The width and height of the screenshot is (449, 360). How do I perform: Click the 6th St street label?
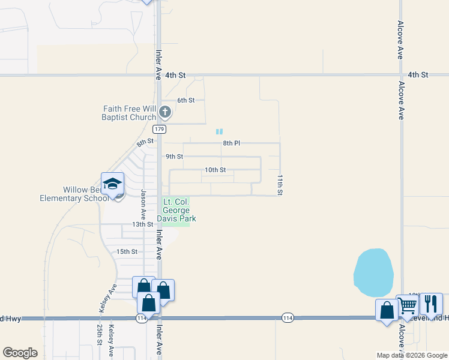point(185,100)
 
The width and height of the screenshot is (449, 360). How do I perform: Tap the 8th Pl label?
point(231,143)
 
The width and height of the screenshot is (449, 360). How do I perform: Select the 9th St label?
point(174,157)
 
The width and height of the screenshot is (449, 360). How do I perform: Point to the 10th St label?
point(215,170)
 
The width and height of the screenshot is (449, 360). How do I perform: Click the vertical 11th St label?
point(280,185)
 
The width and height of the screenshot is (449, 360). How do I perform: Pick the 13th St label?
point(143,224)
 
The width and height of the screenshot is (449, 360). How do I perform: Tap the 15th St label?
point(127,252)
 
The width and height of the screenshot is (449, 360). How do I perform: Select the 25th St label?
point(99,334)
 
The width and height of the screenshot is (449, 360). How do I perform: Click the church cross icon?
point(166,112)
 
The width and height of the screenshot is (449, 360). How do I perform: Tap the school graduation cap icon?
point(112,184)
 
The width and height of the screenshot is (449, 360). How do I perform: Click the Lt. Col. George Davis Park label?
point(176,211)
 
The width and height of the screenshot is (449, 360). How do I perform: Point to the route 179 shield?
point(159,129)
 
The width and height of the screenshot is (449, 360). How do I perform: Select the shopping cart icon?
point(408,305)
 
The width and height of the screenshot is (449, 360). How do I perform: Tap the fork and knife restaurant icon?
point(430,304)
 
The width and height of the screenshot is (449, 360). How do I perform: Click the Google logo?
point(20,353)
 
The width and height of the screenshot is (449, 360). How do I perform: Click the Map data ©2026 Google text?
point(411,355)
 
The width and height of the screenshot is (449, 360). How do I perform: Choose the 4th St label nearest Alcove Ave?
point(418,75)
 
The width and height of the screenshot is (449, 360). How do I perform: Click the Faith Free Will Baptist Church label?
point(129,113)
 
